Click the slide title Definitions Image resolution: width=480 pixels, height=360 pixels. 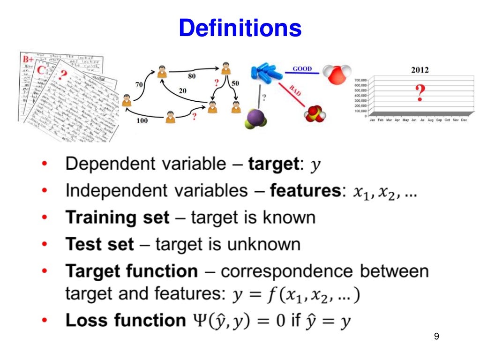[240, 28]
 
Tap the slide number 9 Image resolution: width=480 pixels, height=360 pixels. [437, 337]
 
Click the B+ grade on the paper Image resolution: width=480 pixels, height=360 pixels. [28, 60]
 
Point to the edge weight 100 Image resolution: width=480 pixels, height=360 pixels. [142, 121]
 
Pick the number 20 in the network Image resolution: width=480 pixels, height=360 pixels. [182, 90]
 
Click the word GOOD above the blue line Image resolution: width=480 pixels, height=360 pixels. [302, 69]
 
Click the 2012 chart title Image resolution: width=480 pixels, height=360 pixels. [420, 70]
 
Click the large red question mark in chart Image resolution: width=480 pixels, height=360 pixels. [420, 92]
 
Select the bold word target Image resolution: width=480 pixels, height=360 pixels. [273, 164]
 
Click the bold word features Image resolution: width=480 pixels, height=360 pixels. [307, 191]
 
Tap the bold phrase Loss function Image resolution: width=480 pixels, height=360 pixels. [126, 321]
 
